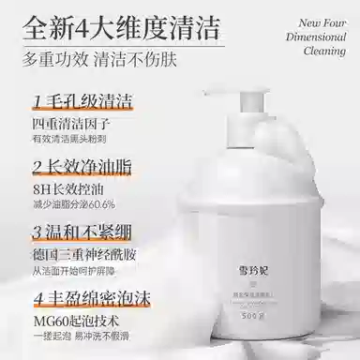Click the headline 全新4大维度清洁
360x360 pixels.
tap(139, 24)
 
